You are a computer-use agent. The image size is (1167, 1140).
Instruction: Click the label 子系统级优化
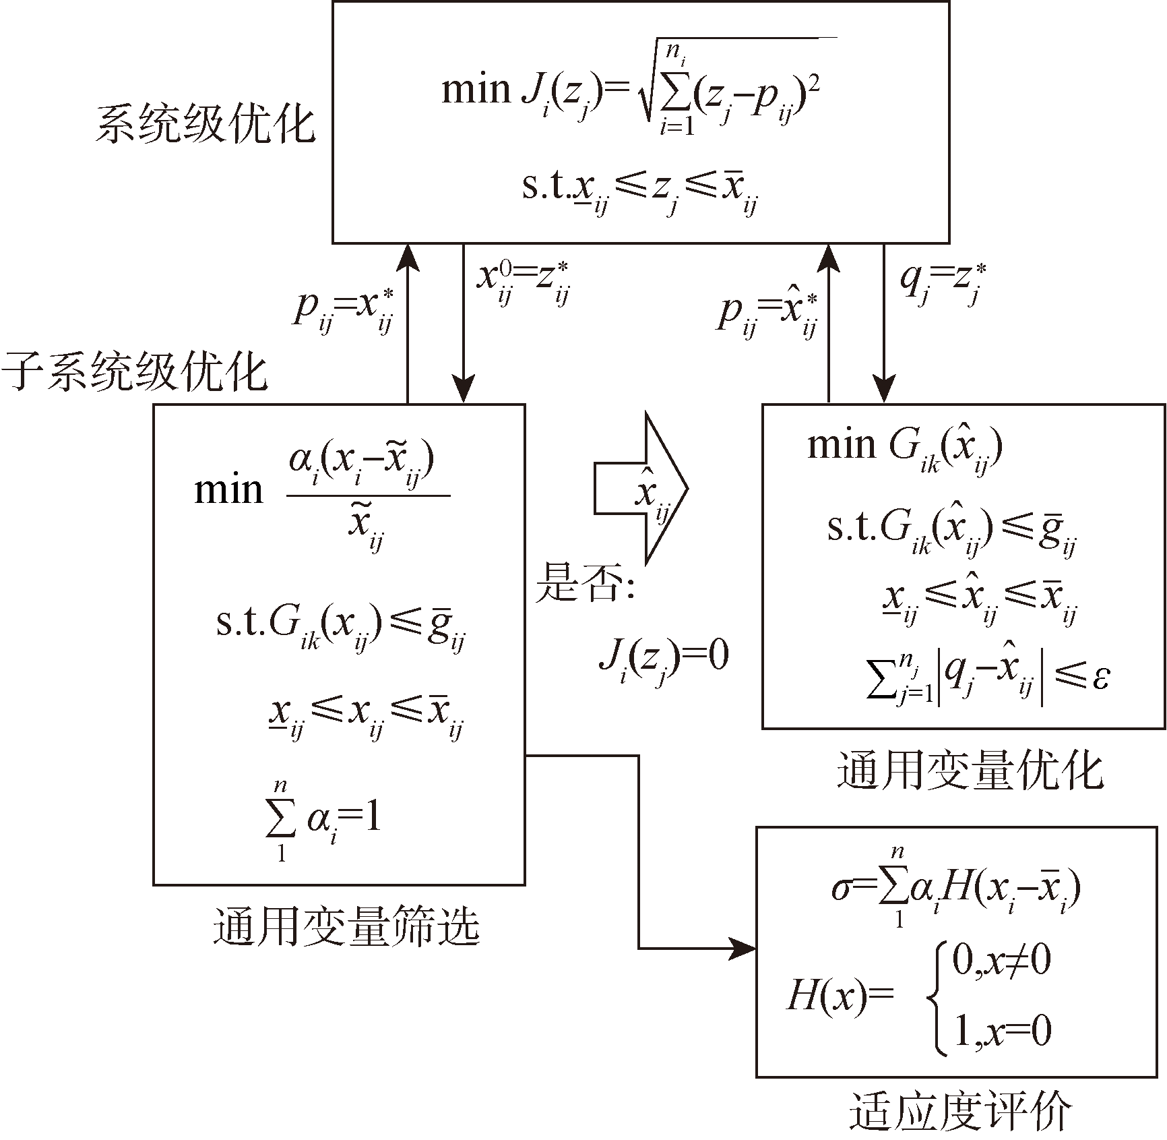(x=135, y=372)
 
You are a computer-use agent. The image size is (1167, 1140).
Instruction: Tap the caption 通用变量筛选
(x=346, y=926)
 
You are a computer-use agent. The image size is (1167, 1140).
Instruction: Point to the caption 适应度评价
(x=960, y=1112)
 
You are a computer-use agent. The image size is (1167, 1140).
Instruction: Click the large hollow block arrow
(x=640, y=488)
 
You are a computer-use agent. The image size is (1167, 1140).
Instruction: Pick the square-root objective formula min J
(x=633, y=91)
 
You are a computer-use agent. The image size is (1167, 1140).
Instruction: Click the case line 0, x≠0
(x=1001, y=963)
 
